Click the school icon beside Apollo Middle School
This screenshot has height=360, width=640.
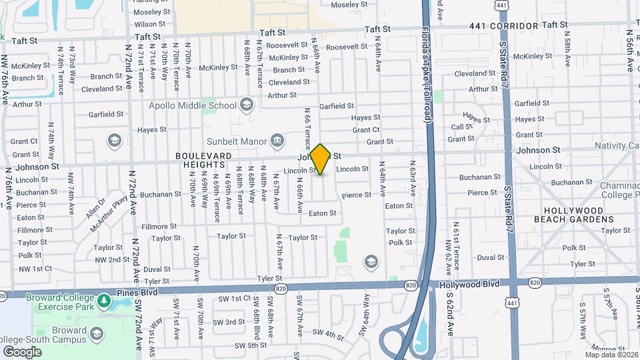(x=247, y=105)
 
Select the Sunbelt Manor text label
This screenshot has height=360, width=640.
(x=237, y=141)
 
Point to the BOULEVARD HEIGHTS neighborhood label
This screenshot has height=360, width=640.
(x=203, y=160)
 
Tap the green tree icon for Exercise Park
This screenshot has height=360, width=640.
(x=103, y=301)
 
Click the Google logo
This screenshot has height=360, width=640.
(x=22, y=351)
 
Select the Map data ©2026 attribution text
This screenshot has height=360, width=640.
(x=611, y=355)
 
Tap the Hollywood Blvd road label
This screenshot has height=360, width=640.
(x=469, y=285)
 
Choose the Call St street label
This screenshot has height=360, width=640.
(x=461, y=127)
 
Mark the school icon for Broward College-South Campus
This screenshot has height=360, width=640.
(x=97, y=333)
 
